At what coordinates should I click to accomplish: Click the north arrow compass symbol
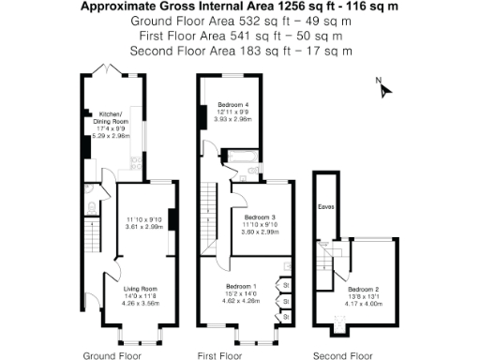point(382,87)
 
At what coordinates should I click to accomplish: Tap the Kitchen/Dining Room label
point(112,118)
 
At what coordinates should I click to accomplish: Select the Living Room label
point(141,290)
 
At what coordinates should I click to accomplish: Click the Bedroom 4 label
point(234,104)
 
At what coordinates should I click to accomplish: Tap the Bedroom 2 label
point(364,290)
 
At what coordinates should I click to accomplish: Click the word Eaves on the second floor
point(326,206)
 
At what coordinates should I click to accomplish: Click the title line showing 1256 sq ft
point(239,7)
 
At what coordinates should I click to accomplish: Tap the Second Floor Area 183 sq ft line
point(239,50)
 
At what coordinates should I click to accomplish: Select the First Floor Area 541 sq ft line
point(239,36)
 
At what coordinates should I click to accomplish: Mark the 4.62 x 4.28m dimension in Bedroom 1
point(241,302)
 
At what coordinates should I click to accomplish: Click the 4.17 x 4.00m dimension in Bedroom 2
point(364,305)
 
